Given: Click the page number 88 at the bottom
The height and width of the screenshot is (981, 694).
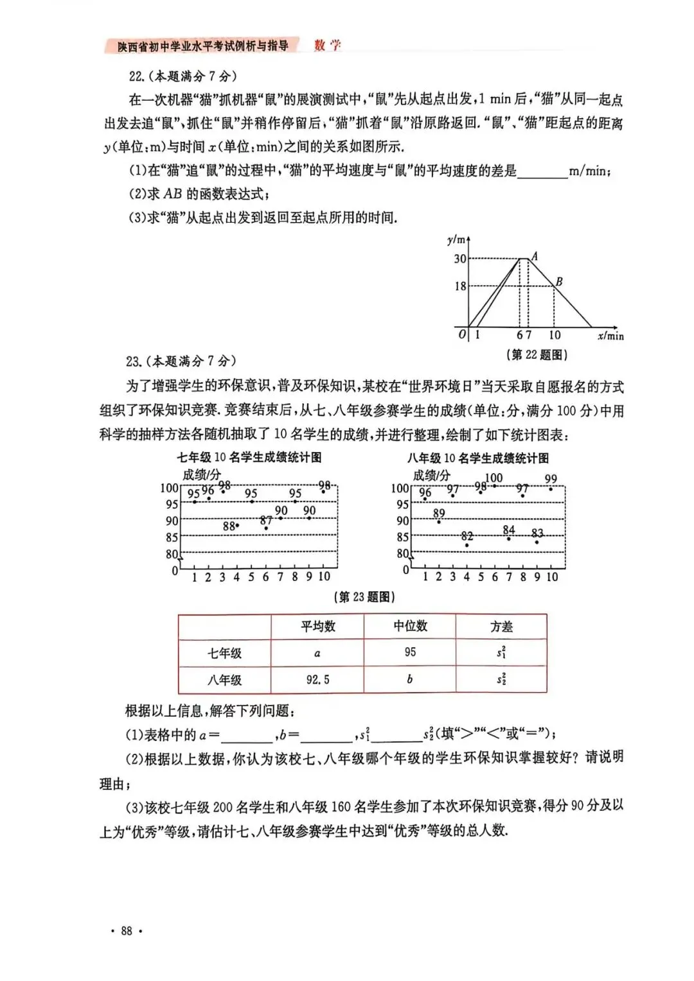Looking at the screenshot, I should point(126,931).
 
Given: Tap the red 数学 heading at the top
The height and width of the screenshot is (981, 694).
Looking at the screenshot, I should point(327,45).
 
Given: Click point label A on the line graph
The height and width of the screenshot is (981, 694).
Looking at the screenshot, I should point(535,256).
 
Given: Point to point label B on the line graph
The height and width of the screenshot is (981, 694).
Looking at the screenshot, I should point(559,281).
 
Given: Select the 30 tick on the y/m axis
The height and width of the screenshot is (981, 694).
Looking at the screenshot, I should point(460,259).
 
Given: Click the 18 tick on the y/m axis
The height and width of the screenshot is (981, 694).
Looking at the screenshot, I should point(460,286).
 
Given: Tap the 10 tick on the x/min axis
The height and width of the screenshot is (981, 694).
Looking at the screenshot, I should point(555,335).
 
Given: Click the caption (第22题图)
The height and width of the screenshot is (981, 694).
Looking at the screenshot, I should point(537,354).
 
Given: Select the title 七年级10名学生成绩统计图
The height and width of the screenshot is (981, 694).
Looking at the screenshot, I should point(249,458).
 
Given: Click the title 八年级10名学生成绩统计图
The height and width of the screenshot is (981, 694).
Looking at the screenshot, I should point(478,458).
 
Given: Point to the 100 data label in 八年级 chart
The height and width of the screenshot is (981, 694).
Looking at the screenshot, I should point(494,478).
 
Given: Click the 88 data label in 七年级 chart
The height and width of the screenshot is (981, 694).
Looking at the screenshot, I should point(229,526).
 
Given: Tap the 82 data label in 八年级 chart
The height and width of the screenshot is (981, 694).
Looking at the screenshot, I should point(467,536).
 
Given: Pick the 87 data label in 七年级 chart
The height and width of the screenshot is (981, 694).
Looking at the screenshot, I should point(266,521).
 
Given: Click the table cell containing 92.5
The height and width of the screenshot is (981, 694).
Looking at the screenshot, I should point(317,679).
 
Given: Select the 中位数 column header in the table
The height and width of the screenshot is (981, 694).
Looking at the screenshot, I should point(410,626).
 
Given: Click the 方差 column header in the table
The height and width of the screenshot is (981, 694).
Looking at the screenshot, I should point(501,627).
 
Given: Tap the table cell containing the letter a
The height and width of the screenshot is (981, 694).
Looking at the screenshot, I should point(317,653).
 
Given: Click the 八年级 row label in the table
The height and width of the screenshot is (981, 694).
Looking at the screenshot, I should point(224,679).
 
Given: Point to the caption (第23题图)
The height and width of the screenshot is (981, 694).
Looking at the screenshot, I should point(364,597).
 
